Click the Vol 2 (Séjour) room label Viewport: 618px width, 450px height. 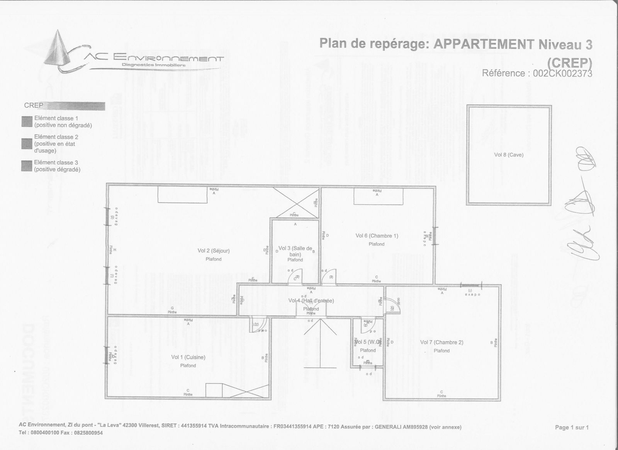click(213, 251)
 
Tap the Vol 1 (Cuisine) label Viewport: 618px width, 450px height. click(188, 357)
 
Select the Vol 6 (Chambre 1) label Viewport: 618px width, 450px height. click(377, 236)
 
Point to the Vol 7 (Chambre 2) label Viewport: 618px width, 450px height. click(441, 342)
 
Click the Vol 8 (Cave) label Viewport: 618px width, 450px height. click(509, 155)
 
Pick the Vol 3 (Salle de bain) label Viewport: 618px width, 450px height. click(295, 251)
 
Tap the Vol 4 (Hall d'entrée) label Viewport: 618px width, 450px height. click(311, 301)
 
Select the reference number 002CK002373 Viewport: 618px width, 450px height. click(562, 73)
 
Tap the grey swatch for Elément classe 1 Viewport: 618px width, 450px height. click(27, 122)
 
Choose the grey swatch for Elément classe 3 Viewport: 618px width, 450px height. click(27, 166)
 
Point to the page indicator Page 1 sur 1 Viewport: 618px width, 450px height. click(572, 427)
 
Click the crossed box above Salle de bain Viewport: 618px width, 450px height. click(296, 202)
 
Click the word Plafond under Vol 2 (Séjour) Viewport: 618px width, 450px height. click(213, 259)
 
